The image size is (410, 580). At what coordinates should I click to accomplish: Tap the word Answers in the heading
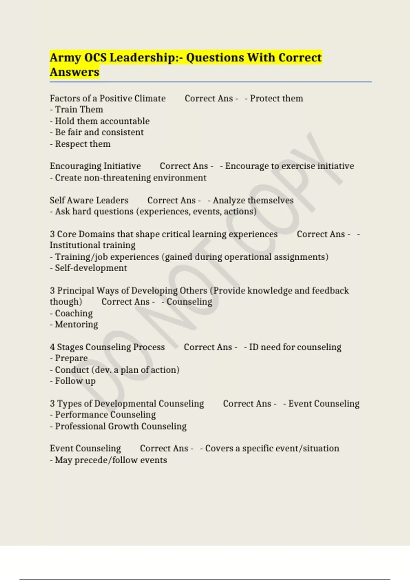pyautogui.click(x=74, y=72)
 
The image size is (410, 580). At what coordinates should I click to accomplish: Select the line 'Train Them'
pyautogui.click(x=79, y=110)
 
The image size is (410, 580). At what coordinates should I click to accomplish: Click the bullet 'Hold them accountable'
pyautogui.click(x=102, y=121)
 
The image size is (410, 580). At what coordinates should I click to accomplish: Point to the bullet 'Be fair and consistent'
pyautogui.click(x=99, y=132)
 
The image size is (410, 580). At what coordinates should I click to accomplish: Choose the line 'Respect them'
pyautogui.click(x=82, y=144)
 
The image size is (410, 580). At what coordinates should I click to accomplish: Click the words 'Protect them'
pyautogui.click(x=276, y=99)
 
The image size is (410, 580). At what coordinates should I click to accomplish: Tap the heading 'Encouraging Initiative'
pyautogui.click(x=95, y=166)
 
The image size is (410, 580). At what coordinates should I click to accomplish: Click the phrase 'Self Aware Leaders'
pyautogui.click(x=89, y=200)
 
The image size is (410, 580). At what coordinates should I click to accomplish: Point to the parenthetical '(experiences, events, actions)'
pyautogui.click(x=196, y=212)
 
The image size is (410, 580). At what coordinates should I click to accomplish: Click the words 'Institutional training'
pyautogui.click(x=93, y=245)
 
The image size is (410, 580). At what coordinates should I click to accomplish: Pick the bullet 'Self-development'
pyautogui.click(x=91, y=268)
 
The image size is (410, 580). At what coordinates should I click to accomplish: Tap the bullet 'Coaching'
pyautogui.click(x=73, y=313)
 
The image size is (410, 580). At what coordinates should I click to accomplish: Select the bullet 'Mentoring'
pyautogui.click(x=76, y=324)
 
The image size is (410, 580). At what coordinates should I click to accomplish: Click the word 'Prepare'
pyautogui.click(x=71, y=358)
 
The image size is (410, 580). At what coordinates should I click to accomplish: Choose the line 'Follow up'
pyautogui.click(x=75, y=381)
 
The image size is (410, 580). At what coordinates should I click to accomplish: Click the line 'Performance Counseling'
pyautogui.click(x=105, y=415)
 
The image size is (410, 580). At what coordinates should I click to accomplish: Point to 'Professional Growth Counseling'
pyautogui.click(x=121, y=426)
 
